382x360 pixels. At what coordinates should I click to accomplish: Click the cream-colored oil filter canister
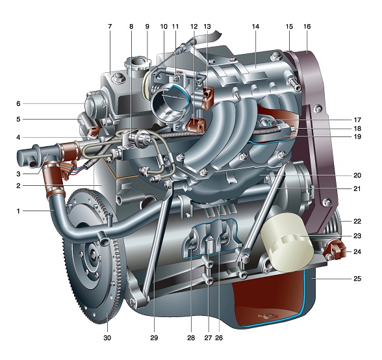[286, 243]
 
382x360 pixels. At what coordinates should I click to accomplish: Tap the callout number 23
[357, 236]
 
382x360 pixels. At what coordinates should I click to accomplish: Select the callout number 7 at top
[110, 27]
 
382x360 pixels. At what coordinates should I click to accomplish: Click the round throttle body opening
[170, 103]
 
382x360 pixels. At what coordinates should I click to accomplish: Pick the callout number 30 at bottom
[107, 338]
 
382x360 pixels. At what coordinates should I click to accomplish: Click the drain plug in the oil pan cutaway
[267, 316]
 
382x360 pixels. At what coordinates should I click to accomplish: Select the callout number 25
[357, 279]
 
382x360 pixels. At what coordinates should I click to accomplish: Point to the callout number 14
[255, 27]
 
